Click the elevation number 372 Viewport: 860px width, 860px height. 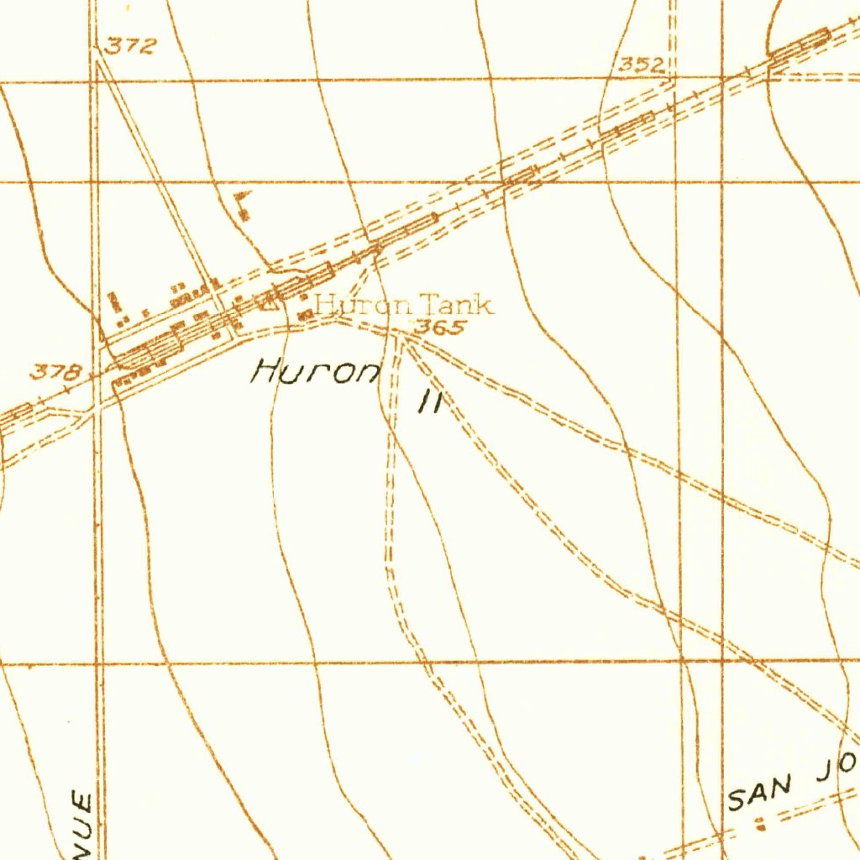(130, 47)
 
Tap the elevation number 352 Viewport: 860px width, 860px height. (642, 65)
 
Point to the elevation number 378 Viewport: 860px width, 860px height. (56, 371)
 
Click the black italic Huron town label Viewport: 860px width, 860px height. (316, 370)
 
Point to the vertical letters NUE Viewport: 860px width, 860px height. (84, 823)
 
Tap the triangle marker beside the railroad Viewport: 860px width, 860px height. (268, 306)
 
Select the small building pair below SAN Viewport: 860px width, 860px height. (761, 823)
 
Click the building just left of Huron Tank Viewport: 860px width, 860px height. (306, 313)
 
